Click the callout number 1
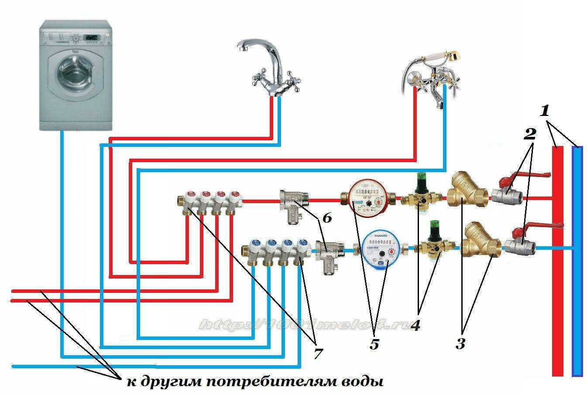(x=544, y=111)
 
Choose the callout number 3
(x=460, y=343)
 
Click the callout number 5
(x=374, y=344)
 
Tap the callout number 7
(x=317, y=353)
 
